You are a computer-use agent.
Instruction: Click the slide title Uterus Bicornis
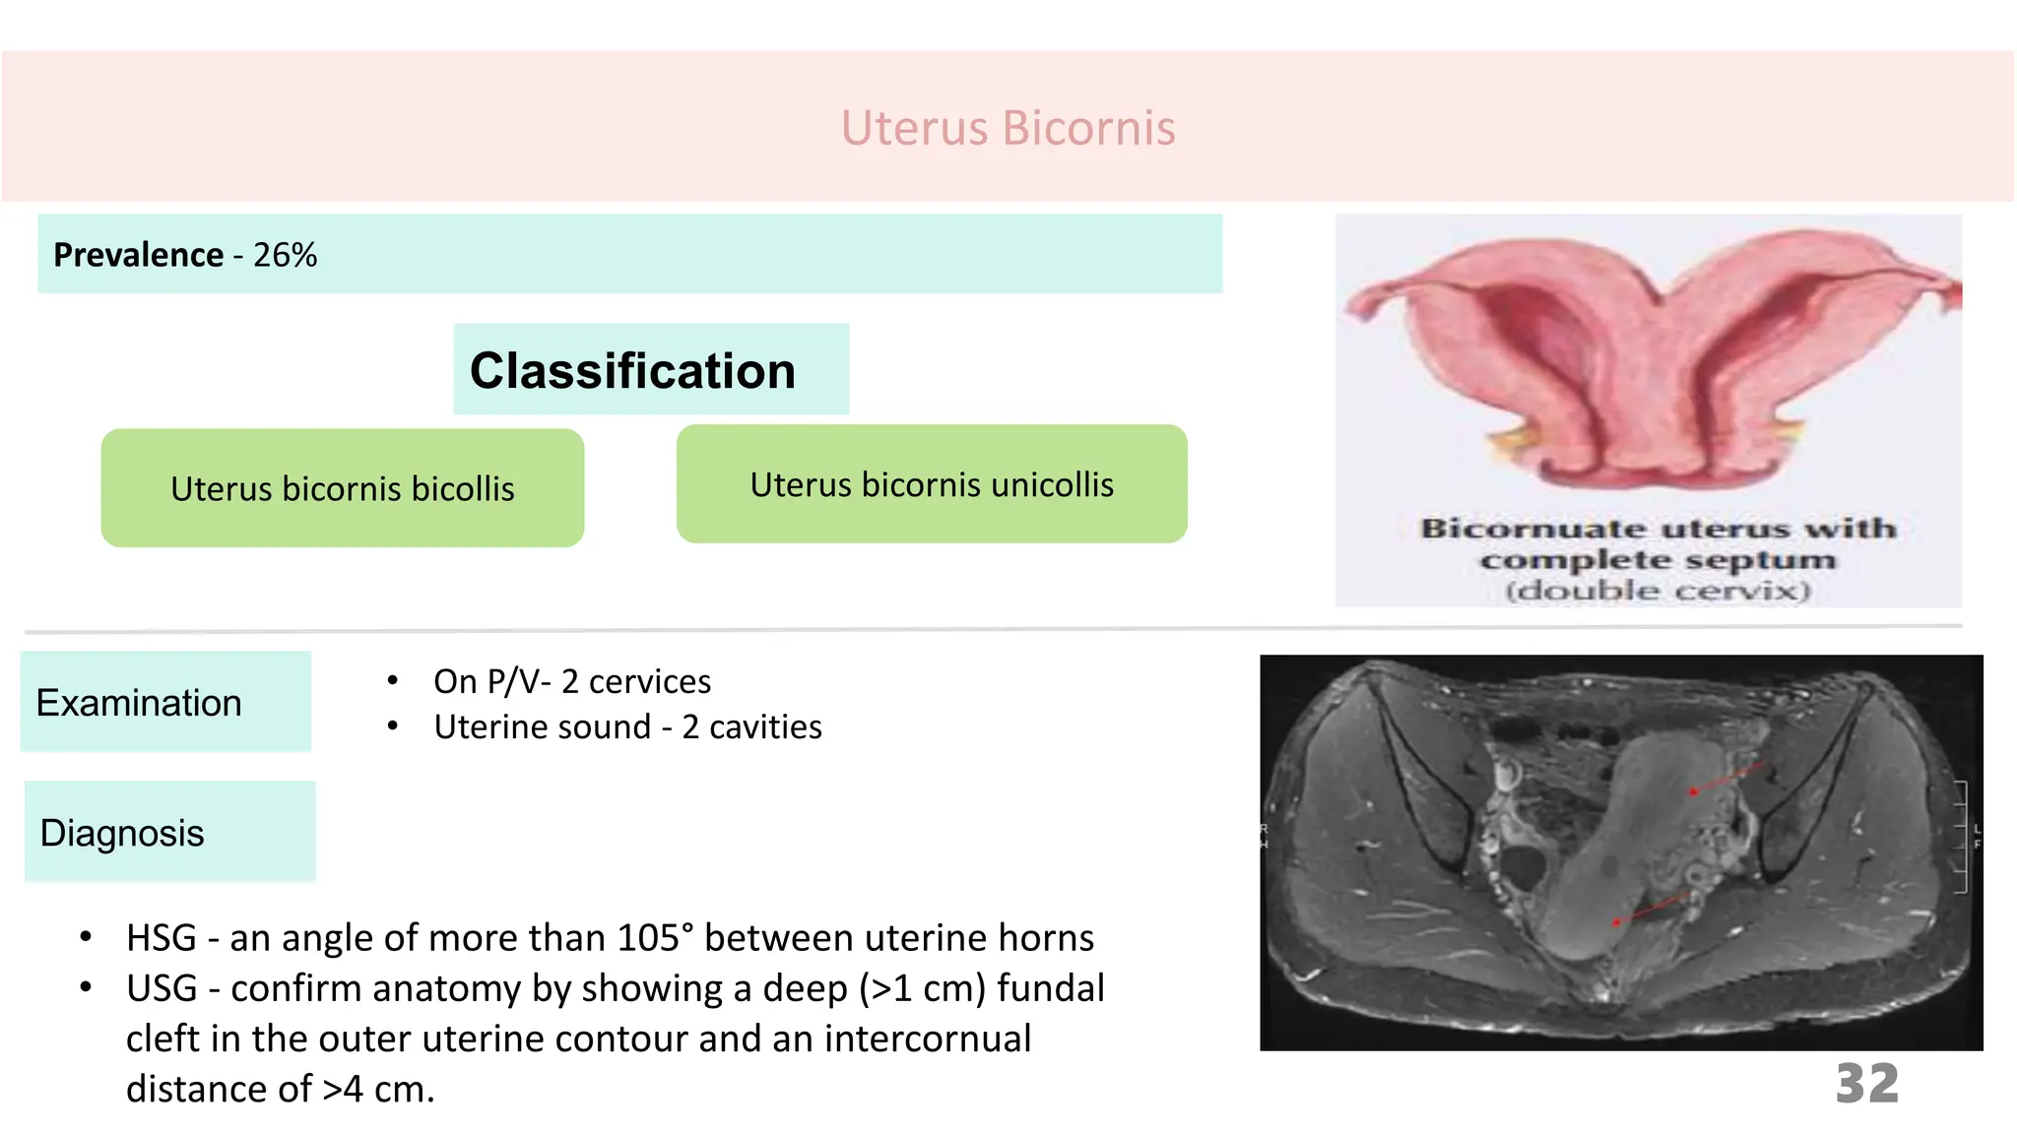coord(1008,128)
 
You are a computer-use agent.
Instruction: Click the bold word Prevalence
coord(138,255)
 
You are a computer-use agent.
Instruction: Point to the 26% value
coord(285,255)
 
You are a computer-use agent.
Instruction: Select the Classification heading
coord(632,371)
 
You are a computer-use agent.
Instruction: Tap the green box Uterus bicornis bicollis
coord(342,488)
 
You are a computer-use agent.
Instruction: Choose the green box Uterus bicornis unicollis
coord(931,484)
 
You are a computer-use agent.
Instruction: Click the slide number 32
coord(1866,1084)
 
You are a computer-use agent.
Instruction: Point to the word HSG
coord(162,938)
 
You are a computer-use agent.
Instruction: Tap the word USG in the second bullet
coord(162,988)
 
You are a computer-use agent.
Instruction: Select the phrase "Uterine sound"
coord(543,726)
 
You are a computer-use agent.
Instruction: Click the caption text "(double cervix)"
coord(1658,591)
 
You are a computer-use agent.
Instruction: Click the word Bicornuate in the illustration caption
coord(1532,529)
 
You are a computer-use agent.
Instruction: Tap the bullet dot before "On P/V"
coord(393,680)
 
